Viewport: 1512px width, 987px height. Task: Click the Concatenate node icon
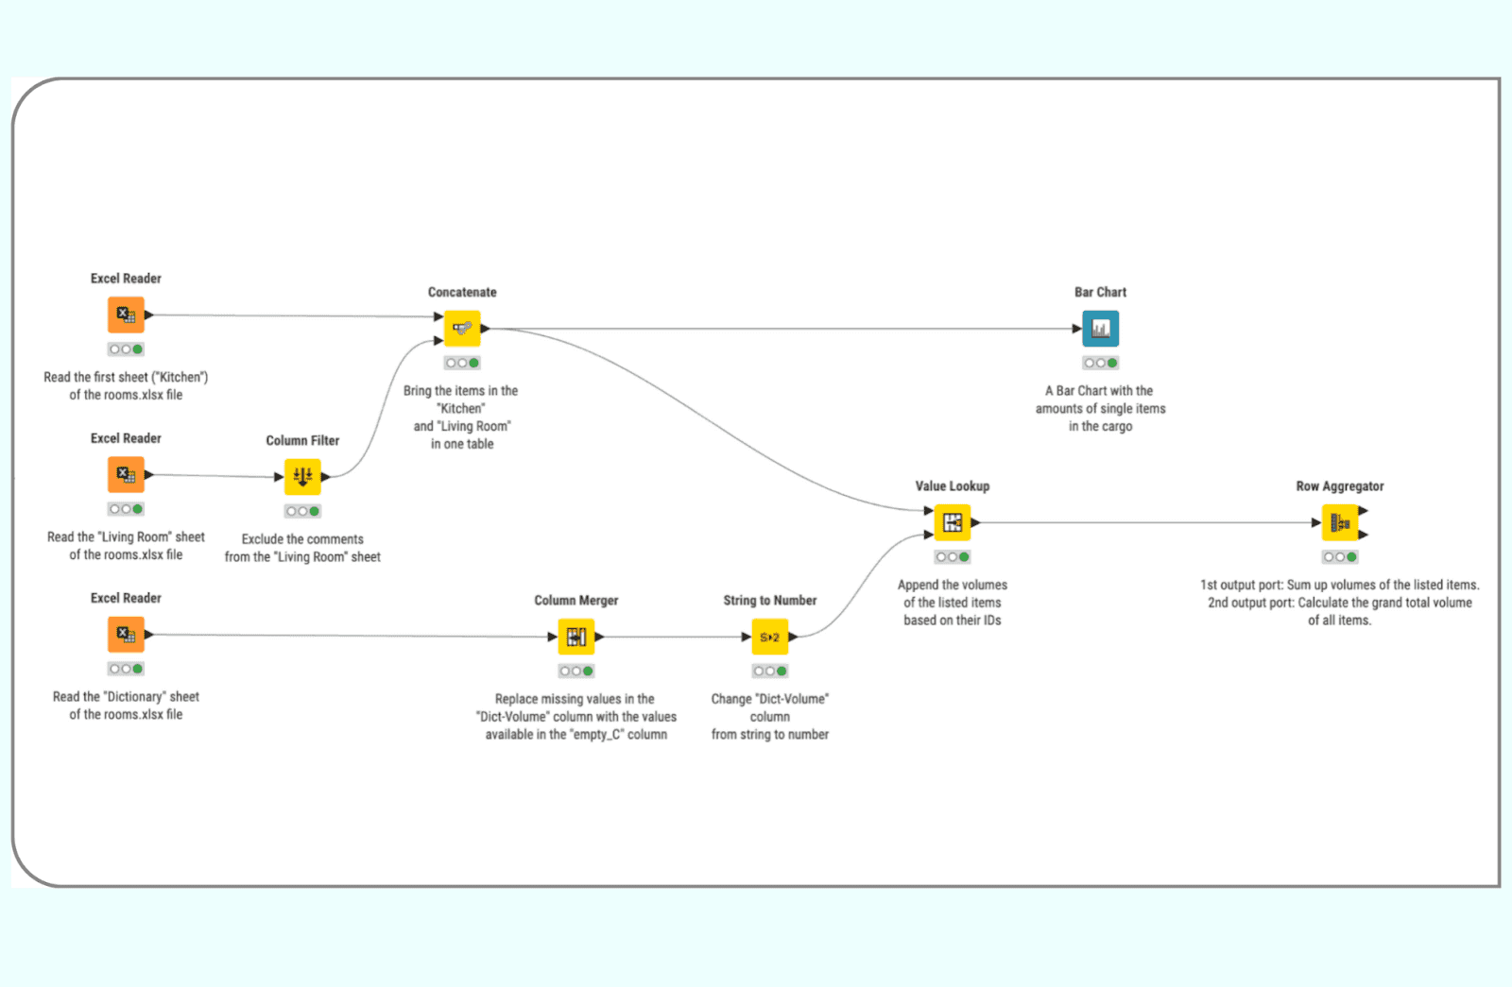click(x=462, y=329)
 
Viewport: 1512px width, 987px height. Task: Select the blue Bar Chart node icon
click(x=1100, y=329)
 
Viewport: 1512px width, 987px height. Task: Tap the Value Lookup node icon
click(x=952, y=522)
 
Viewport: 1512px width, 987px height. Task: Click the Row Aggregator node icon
click(x=1339, y=522)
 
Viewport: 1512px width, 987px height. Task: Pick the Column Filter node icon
click(x=302, y=477)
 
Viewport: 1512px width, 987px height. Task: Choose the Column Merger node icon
click(x=576, y=637)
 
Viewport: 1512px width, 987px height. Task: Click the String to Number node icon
click(x=769, y=637)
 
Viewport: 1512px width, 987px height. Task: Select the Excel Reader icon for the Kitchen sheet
click(x=126, y=315)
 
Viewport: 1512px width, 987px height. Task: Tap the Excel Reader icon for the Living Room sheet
click(x=126, y=474)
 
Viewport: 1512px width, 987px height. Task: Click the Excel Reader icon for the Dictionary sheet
click(x=126, y=635)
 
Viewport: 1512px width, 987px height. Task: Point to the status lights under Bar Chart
click(x=1100, y=363)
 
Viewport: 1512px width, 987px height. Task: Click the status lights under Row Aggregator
click(x=1339, y=557)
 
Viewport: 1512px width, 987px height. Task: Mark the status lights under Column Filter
click(x=302, y=511)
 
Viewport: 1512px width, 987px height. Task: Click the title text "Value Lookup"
click(x=952, y=486)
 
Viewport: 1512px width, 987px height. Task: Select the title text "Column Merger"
click(x=576, y=601)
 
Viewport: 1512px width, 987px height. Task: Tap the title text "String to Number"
click(x=769, y=601)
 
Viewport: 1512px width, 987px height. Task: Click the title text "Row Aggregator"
click(x=1339, y=486)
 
